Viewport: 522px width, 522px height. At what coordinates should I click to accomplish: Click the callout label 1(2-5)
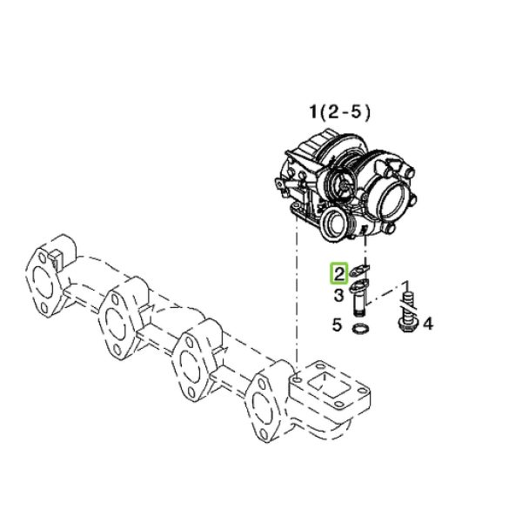tap(339, 112)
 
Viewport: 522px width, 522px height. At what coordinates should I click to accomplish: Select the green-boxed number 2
tap(339, 274)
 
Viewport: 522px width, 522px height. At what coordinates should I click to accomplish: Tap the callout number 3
tap(338, 295)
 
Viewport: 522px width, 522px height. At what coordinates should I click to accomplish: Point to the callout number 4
tap(428, 324)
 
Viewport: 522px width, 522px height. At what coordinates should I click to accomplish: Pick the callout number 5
tap(338, 325)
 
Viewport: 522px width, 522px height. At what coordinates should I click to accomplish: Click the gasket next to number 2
tap(360, 270)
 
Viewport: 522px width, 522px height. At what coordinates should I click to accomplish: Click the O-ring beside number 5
tap(360, 329)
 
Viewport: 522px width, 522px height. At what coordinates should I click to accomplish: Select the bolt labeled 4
tap(406, 311)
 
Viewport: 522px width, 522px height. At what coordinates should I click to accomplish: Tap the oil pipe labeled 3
tap(359, 298)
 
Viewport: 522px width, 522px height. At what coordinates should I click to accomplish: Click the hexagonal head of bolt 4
tap(406, 325)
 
